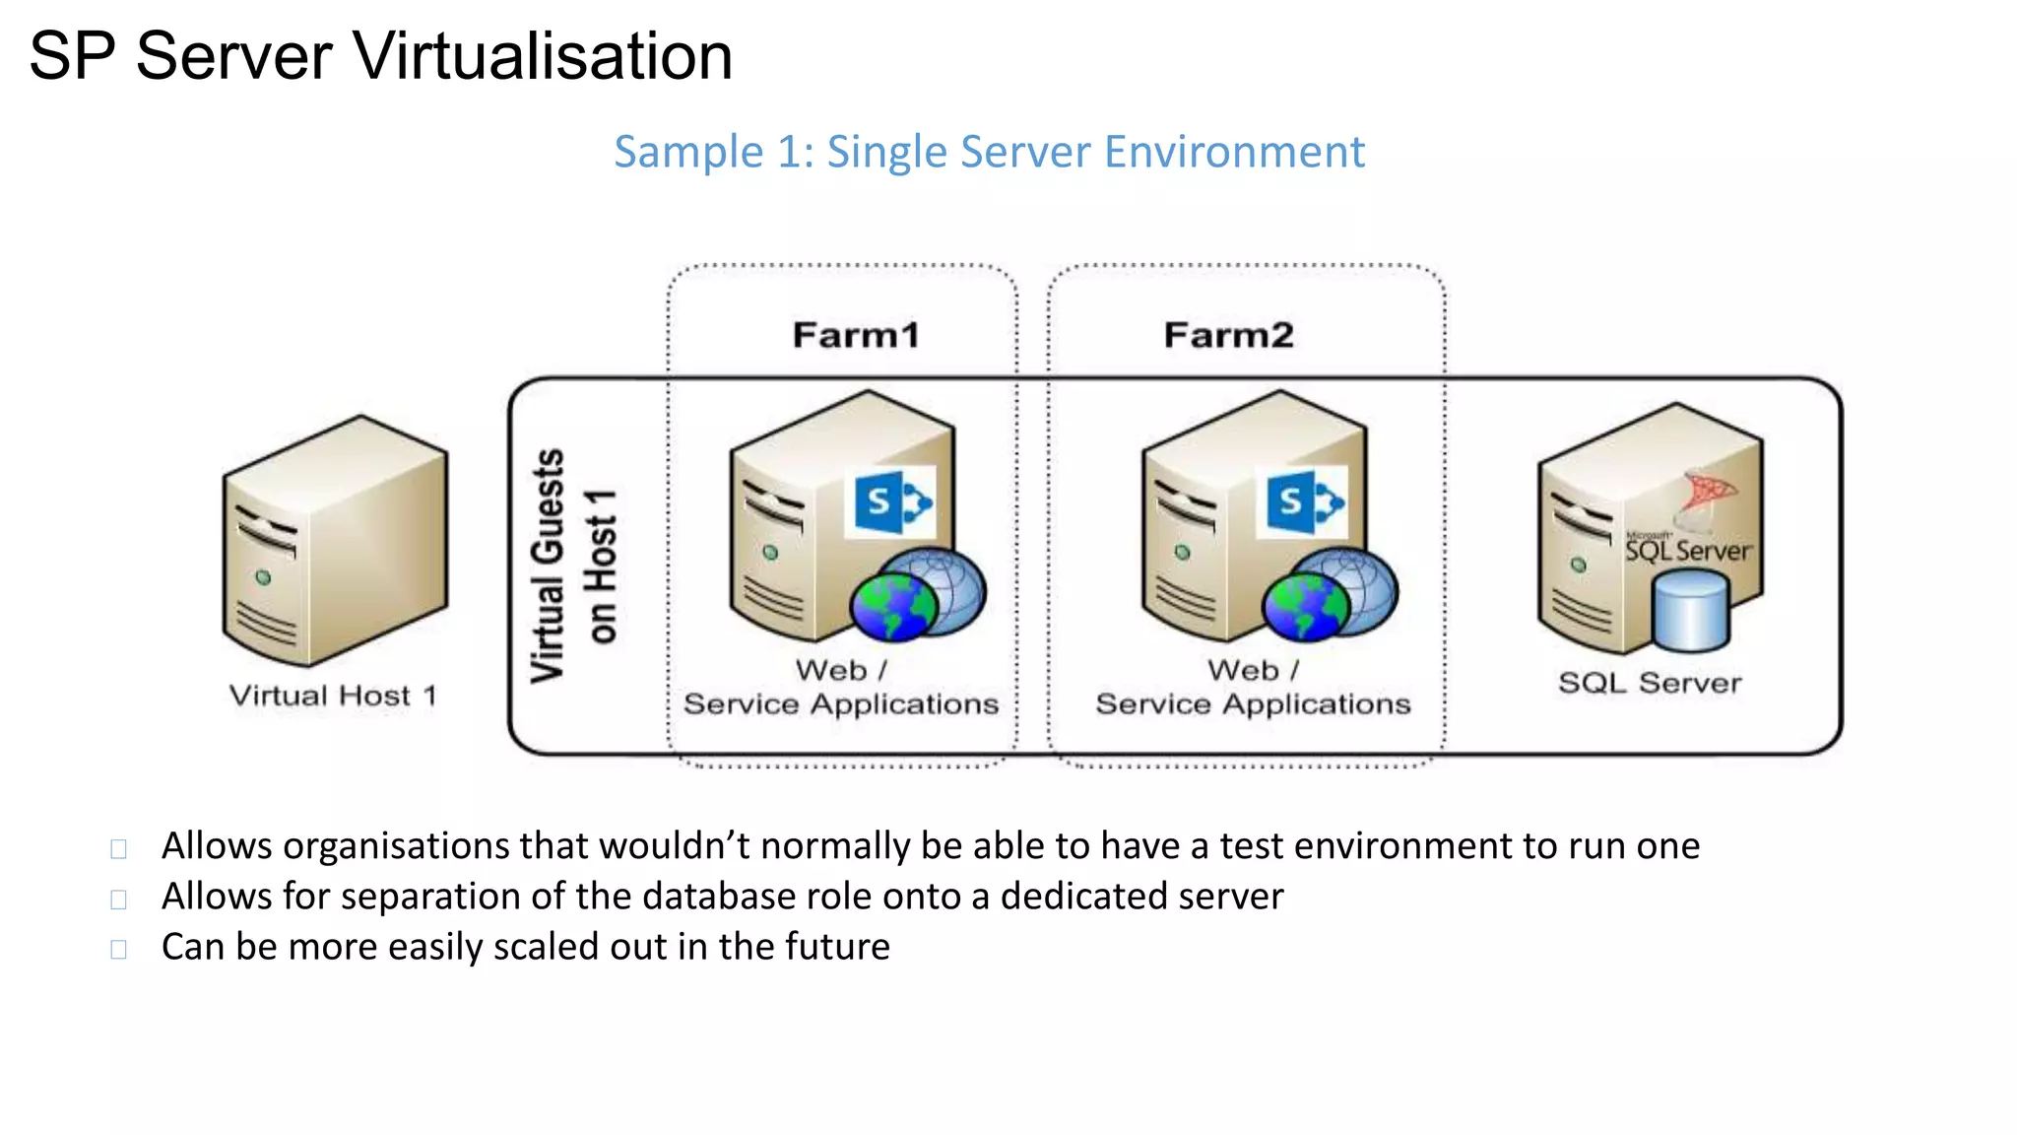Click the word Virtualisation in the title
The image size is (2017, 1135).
(x=543, y=56)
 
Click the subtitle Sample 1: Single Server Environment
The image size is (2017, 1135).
(x=989, y=152)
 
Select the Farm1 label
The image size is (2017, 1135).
(x=856, y=335)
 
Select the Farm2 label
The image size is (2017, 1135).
(x=1228, y=335)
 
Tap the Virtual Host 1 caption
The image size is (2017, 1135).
(x=333, y=696)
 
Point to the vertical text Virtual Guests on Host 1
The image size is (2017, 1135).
(x=573, y=567)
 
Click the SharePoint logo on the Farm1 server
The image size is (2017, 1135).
(x=891, y=503)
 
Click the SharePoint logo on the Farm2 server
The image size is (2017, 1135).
(x=1303, y=503)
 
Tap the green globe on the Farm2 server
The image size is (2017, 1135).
(x=1306, y=606)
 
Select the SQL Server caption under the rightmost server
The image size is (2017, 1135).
(x=1650, y=683)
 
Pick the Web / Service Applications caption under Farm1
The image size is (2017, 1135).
(x=841, y=688)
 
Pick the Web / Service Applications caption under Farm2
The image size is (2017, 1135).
(x=1253, y=688)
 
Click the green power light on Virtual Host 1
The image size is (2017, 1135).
(x=263, y=577)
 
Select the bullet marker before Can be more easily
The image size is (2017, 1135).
(x=119, y=950)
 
